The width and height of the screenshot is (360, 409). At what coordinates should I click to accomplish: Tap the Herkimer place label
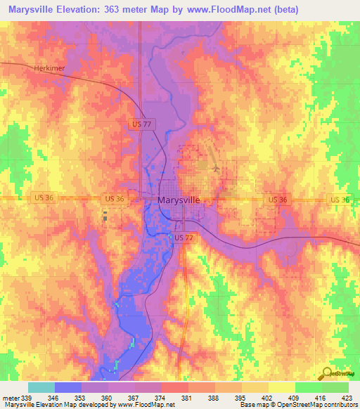click(x=49, y=68)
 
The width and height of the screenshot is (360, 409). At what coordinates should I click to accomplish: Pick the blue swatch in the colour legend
click(x=68, y=388)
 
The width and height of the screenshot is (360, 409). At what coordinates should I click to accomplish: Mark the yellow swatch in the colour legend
click(x=282, y=388)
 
